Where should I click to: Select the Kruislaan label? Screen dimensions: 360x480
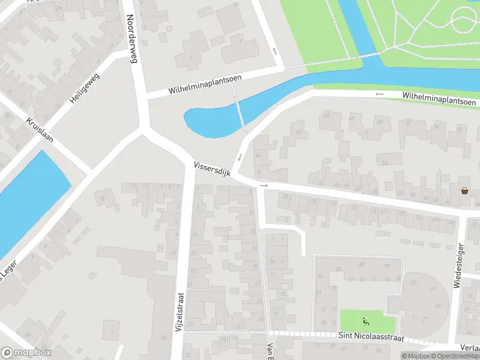coord(40,130)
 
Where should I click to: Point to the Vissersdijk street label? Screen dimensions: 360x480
coord(212,169)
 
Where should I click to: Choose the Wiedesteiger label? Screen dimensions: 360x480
coord(458,265)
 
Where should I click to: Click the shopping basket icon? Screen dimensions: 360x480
coord(465,191)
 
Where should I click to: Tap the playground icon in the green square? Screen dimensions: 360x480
coord(364,320)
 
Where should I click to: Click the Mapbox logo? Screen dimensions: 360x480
coord(26,353)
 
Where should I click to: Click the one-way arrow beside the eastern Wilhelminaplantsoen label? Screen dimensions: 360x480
coord(379,94)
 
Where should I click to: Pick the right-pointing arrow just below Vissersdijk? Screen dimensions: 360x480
coord(264,186)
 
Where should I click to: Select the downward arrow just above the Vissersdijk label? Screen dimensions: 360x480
coord(240,157)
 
